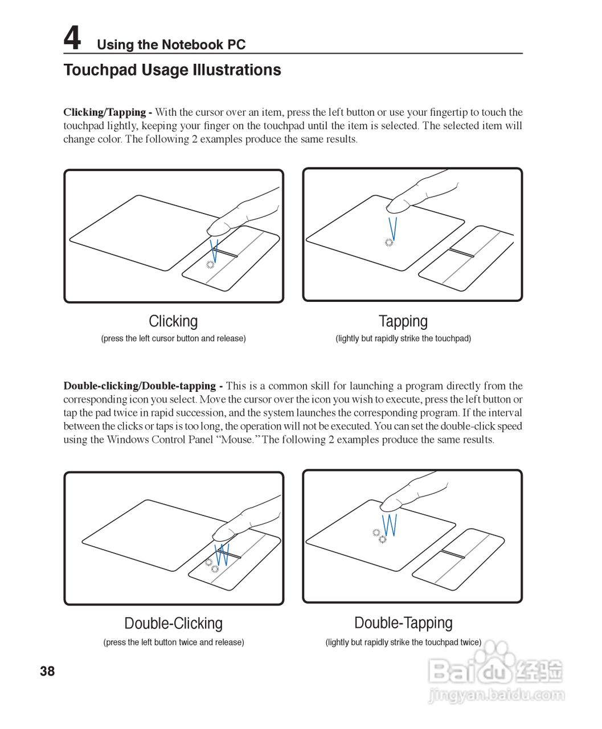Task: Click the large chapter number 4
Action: (x=72, y=39)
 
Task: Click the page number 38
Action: (x=47, y=671)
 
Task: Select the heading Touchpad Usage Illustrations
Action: (x=172, y=70)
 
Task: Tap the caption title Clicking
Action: (x=173, y=321)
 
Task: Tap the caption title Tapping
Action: (x=403, y=321)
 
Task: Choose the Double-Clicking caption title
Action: (x=173, y=623)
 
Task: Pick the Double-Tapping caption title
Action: (x=403, y=622)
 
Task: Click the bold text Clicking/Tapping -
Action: (x=107, y=112)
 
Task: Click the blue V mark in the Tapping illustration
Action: (x=392, y=227)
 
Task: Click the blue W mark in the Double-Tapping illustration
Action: (x=390, y=525)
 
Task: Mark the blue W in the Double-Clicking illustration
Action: (x=222, y=554)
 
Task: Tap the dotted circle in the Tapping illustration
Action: (x=389, y=243)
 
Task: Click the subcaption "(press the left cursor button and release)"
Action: (x=173, y=338)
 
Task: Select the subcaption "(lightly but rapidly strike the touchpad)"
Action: (x=403, y=338)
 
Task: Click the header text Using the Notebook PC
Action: (x=171, y=44)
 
